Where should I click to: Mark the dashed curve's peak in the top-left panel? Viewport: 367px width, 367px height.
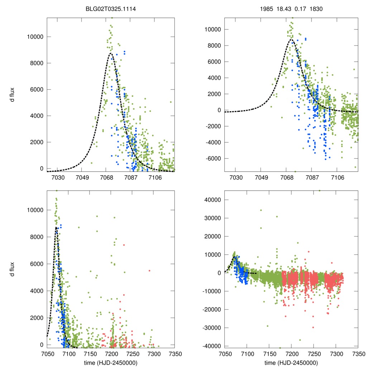click(111, 53)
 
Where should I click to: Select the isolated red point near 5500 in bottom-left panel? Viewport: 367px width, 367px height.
click(149, 271)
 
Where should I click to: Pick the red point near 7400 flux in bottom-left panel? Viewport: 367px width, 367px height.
click(124, 245)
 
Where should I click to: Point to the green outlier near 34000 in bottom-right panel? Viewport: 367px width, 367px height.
click(261, 210)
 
